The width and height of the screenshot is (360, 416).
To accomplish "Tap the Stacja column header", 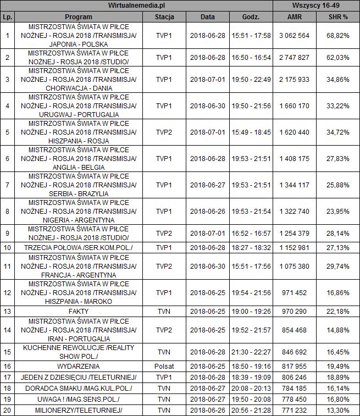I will pyautogui.click(x=164, y=17).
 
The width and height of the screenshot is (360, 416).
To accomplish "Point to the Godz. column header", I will pyautogui.click(x=251, y=17).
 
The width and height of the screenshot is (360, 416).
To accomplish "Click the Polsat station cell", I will pyautogui.click(x=164, y=366).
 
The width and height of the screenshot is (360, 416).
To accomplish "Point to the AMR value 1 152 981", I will pyautogui.click(x=295, y=247).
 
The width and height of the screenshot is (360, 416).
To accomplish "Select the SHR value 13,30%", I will pyautogui.click(x=337, y=411).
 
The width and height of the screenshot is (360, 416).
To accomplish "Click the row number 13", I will pyautogui.click(x=7, y=312).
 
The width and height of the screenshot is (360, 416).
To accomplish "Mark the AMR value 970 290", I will pyautogui.click(x=295, y=312).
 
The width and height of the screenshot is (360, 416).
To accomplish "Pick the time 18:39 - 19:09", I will pyautogui.click(x=251, y=378).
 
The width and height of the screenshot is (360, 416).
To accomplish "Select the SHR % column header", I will pyautogui.click(x=337, y=17).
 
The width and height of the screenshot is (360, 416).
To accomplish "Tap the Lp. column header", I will pyautogui.click(x=7, y=17).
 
